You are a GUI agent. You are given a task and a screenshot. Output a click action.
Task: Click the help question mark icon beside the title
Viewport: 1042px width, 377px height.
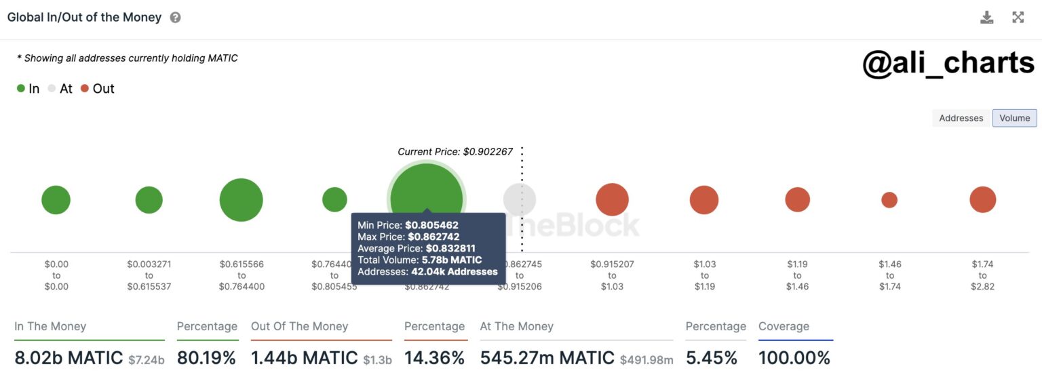(x=175, y=18)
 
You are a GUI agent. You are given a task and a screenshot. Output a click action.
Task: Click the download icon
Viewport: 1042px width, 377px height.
(x=986, y=18)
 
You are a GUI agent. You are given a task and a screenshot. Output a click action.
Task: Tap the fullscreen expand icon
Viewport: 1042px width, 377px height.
(x=1018, y=18)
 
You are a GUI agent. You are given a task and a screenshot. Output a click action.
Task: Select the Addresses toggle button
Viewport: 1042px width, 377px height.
(x=961, y=118)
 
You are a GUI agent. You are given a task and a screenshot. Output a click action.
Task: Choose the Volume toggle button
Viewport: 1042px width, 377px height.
(x=1014, y=118)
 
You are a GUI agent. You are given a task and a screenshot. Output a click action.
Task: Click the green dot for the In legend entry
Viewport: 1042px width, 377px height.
(x=21, y=89)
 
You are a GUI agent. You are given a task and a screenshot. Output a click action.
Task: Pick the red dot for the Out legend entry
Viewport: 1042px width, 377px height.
(x=85, y=89)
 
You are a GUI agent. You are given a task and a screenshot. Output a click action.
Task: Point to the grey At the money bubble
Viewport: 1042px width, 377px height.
(x=520, y=200)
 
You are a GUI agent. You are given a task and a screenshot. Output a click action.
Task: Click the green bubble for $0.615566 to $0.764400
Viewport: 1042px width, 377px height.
(x=241, y=200)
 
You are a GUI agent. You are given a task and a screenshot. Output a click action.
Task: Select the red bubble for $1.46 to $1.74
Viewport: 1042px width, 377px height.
(x=889, y=200)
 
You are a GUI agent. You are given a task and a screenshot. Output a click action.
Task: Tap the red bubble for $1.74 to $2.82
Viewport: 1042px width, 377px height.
(x=982, y=200)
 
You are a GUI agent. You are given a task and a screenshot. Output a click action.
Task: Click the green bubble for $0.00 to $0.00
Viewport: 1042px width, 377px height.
(x=56, y=200)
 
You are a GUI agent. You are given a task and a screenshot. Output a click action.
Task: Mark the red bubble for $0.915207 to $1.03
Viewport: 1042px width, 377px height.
(x=612, y=200)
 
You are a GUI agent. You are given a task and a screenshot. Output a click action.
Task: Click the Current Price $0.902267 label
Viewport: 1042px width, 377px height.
(x=455, y=152)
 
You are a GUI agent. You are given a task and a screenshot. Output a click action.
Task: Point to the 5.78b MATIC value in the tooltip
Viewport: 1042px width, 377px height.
(x=452, y=260)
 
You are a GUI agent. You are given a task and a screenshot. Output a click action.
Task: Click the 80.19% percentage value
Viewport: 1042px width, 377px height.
(x=206, y=358)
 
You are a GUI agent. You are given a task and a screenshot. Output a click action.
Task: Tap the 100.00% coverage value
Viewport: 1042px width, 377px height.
(x=794, y=358)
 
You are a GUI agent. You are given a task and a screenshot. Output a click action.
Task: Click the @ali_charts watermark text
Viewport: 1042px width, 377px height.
(x=948, y=63)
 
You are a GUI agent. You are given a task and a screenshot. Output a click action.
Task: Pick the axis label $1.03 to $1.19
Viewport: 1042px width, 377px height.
(x=704, y=275)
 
